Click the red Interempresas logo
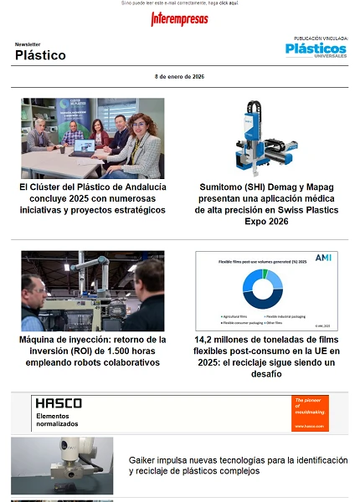(179, 19)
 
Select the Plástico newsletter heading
(40, 55)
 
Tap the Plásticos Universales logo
(315, 51)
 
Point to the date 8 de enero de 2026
(179, 76)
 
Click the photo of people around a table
(92, 137)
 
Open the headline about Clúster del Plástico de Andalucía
(92, 198)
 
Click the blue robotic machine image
(266, 137)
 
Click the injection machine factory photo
(92, 290)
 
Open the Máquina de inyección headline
(92, 351)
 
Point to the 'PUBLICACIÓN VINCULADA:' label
(321, 38)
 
